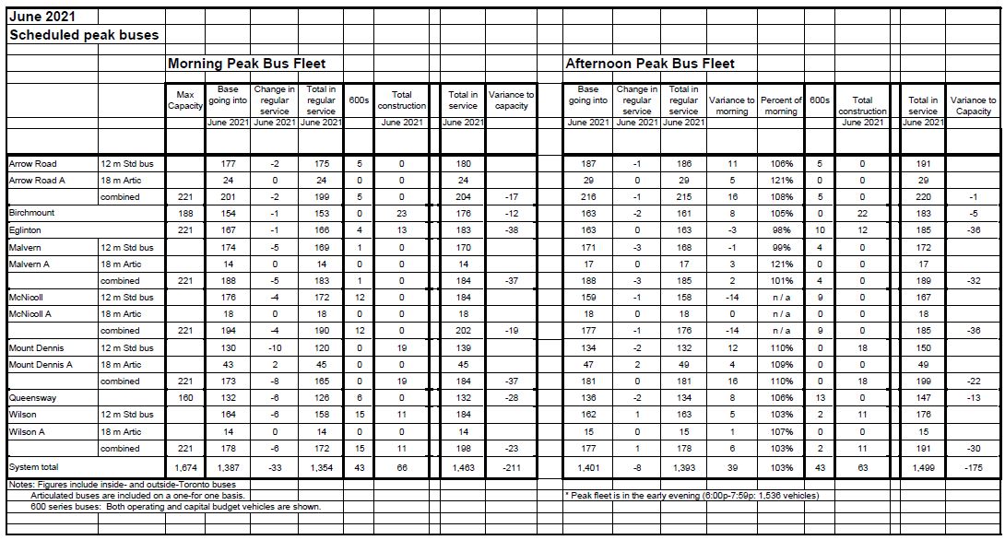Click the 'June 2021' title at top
[42, 16]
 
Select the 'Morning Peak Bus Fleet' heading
[246, 64]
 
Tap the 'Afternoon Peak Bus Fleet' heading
[650, 64]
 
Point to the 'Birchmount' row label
[32, 213]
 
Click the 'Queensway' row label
[31, 397]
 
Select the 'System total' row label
[34, 467]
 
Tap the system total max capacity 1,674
[185, 467]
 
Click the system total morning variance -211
[511, 467]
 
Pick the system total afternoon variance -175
[972, 467]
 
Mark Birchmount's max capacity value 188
[185, 213]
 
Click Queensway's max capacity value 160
[185, 397]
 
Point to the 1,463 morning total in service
[463, 467]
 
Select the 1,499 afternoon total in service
[923, 467]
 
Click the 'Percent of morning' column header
[780, 105]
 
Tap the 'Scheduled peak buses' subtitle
[84, 35]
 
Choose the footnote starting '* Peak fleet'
[692, 495]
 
